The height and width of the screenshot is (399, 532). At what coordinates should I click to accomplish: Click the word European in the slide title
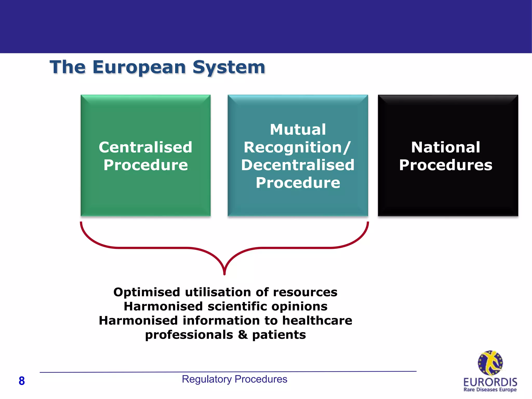click(x=139, y=67)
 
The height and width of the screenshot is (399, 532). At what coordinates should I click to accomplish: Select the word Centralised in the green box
click(x=145, y=147)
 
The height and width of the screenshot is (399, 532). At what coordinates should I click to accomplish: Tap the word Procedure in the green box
click(x=145, y=165)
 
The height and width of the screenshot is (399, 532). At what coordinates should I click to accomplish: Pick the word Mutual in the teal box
click(x=298, y=129)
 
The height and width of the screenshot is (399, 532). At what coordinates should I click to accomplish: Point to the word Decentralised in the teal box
click(x=298, y=165)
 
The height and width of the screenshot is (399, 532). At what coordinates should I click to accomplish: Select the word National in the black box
click(x=445, y=147)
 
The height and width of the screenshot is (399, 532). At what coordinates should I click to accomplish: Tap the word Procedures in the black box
click(x=445, y=165)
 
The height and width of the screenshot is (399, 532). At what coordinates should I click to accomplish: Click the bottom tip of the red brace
click(x=224, y=273)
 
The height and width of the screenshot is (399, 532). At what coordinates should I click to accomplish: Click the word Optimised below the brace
click(x=147, y=292)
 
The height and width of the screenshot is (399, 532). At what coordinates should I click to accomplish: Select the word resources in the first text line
click(x=305, y=292)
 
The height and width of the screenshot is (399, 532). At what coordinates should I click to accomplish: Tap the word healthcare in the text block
click(x=317, y=321)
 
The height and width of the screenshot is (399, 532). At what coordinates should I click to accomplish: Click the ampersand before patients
click(x=243, y=335)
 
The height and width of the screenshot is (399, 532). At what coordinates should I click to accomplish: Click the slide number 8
click(x=22, y=381)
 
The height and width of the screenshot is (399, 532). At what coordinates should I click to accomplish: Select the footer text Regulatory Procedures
click(x=234, y=379)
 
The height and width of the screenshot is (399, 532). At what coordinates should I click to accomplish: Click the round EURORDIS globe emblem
click(x=490, y=363)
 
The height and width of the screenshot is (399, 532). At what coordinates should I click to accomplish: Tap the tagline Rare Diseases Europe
click(x=490, y=390)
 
